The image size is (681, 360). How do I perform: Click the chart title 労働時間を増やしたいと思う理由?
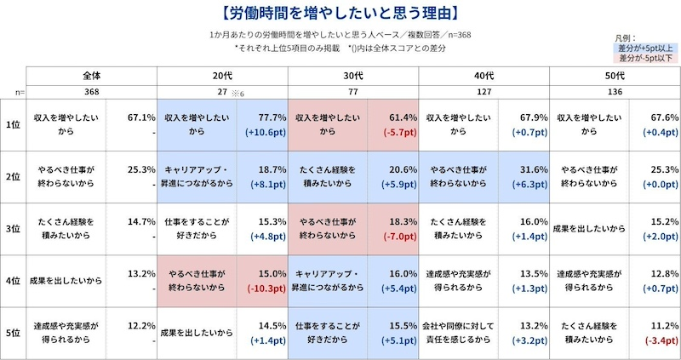[340, 14]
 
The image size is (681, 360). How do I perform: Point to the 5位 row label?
[13, 334]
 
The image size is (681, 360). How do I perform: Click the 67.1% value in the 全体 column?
[140, 117]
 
